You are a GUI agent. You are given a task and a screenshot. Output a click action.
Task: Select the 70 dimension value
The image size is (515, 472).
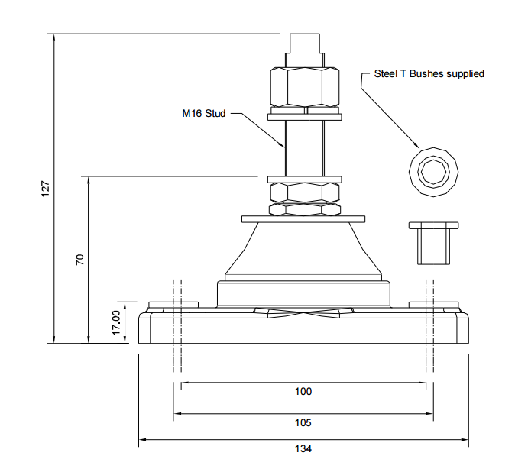tap(79, 260)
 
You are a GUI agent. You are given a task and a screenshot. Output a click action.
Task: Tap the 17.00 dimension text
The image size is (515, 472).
tap(116, 322)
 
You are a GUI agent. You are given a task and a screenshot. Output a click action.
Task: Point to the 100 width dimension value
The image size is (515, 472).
tap(303, 391)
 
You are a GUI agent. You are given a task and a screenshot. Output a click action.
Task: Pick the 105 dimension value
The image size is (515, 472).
tap(303, 422)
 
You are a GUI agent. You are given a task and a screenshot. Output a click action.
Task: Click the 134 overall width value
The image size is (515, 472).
tap(303, 449)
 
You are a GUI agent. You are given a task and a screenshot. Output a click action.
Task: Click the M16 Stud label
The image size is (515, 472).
tap(203, 115)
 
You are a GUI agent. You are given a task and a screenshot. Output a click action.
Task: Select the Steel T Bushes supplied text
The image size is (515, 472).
tap(429, 74)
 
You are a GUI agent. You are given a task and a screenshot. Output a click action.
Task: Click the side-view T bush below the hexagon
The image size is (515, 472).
tap(432, 243)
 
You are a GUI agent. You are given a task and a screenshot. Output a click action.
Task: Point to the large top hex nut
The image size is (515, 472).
tap(304, 87)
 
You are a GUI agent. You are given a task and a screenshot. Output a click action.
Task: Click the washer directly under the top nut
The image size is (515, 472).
tap(304, 117)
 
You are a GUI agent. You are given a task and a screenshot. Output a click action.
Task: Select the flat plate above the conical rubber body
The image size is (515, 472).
tap(303, 219)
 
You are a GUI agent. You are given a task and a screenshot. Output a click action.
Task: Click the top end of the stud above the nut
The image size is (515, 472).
tap(304, 46)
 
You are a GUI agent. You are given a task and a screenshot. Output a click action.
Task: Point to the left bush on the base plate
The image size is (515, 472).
tap(172, 305)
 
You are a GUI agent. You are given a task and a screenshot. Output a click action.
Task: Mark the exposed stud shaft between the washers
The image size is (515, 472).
tap(303, 148)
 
